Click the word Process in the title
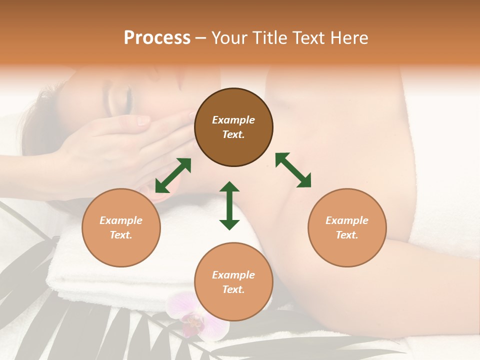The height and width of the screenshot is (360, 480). click(157, 38)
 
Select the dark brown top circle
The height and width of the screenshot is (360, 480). click(233, 127)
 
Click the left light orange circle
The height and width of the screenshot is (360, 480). click(121, 227)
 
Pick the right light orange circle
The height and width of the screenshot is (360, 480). click(347, 227)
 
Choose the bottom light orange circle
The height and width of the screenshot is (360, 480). click(233, 282)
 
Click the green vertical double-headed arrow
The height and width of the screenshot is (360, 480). click(229, 205)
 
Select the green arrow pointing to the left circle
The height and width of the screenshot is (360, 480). click(173, 175)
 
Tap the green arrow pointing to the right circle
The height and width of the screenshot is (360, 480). click(293, 170)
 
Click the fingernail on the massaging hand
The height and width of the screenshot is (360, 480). click(143, 120)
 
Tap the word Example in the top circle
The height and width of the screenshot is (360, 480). click(233, 120)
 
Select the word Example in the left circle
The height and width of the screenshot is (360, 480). click(121, 220)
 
